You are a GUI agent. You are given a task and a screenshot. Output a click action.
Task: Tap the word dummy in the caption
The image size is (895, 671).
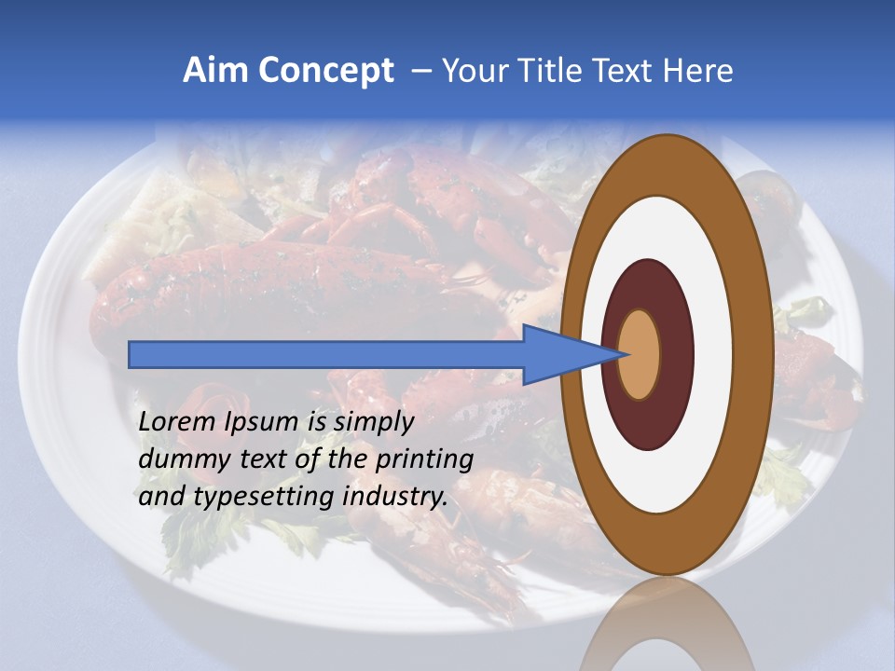coord(177,459)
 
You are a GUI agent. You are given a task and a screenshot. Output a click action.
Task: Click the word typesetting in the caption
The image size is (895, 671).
coord(265,497)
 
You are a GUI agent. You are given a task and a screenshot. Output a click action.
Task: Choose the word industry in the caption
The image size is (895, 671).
coord(395,497)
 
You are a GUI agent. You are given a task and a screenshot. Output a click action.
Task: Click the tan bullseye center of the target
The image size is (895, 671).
coord(640,354)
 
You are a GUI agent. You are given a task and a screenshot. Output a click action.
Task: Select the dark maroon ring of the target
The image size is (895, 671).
coord(676,354)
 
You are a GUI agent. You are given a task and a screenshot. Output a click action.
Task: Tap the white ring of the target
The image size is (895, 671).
coord(713,354)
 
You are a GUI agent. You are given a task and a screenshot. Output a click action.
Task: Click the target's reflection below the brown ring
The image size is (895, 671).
coord(667,629)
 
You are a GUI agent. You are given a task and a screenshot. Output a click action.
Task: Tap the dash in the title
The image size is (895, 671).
coord(421,72)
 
